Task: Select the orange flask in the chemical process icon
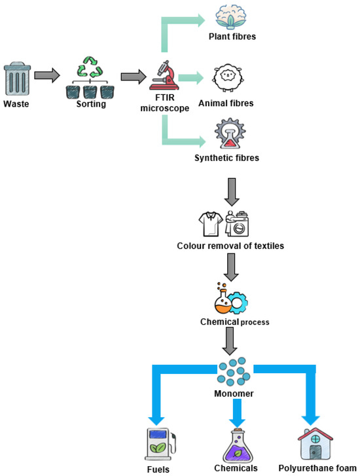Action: [221, 302]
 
